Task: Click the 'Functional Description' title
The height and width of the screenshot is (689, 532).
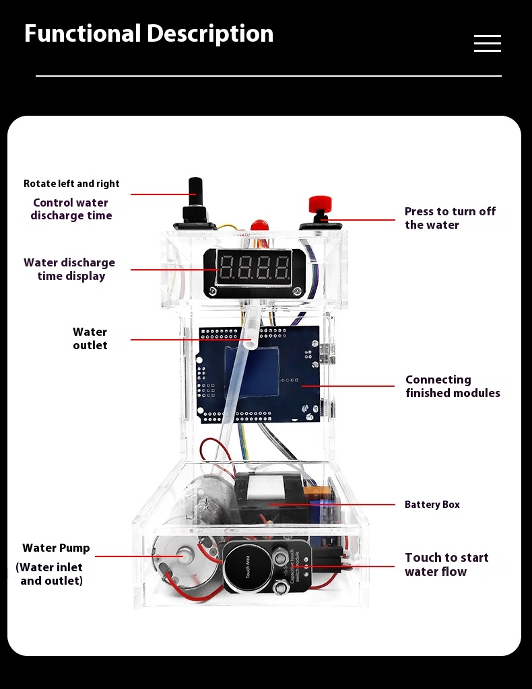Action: coord(149,34)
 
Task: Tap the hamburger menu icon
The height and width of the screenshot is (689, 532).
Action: coord(487,44)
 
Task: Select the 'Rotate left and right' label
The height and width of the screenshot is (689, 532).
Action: coord(71,184)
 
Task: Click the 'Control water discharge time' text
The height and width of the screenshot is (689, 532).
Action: coord(71,209)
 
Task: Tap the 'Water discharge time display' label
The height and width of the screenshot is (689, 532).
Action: coord(69,269)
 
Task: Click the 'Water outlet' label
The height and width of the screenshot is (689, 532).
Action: coord(90,338)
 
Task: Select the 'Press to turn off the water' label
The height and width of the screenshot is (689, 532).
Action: coord(450,218)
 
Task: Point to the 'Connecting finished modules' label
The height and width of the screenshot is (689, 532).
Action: coord(453,386)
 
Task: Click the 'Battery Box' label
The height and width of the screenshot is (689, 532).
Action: coord(432,505)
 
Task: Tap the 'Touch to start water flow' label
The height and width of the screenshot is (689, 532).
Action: coord(446,565)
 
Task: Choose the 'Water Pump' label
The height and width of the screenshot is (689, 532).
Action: coord(56,548)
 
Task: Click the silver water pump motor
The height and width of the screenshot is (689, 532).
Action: coord(178,558)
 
